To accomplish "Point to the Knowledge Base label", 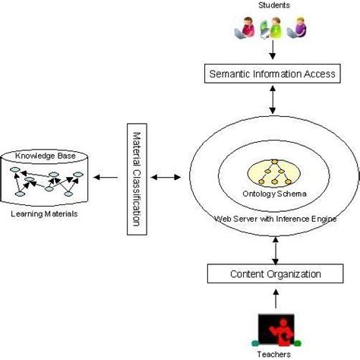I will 46,155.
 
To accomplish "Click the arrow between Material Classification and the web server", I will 164,179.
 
